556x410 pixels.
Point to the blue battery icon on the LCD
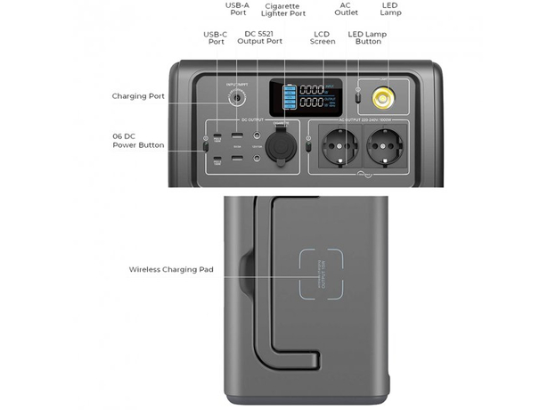pos(287,96)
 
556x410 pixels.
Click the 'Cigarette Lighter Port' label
pos(282,10)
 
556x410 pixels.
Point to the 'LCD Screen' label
pos(323,38)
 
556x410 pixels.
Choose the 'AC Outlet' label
pos(346,9)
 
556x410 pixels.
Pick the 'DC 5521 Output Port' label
pos(263,38)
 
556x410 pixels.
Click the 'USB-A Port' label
pos(237,9)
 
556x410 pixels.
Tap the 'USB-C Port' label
pos(216,38)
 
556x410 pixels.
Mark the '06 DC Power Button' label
pos(135,140)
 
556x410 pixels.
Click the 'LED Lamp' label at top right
pos(390,9)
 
